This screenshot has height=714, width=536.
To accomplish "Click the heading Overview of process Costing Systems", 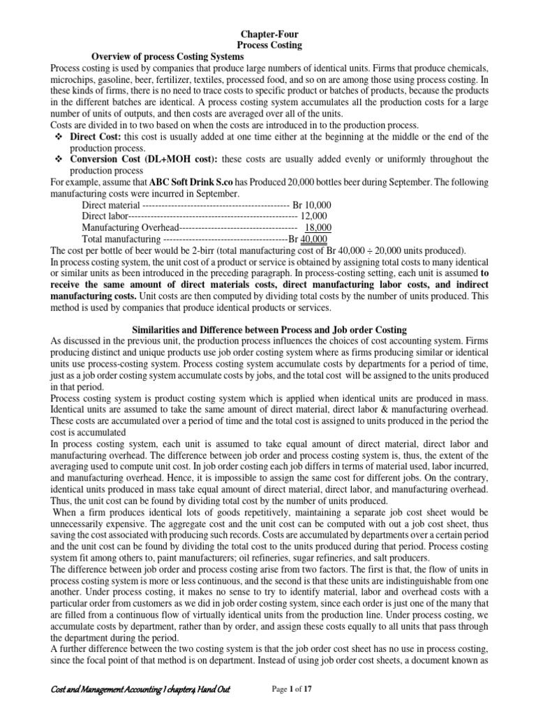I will [168, 55].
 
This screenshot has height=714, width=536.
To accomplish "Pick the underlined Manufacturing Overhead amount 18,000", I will [318, 227].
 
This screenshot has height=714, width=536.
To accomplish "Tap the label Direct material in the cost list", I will [110, 205].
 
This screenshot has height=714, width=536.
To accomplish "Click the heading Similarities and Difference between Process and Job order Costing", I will [269, 328].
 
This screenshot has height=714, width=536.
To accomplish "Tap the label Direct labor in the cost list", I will [104, 216].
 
